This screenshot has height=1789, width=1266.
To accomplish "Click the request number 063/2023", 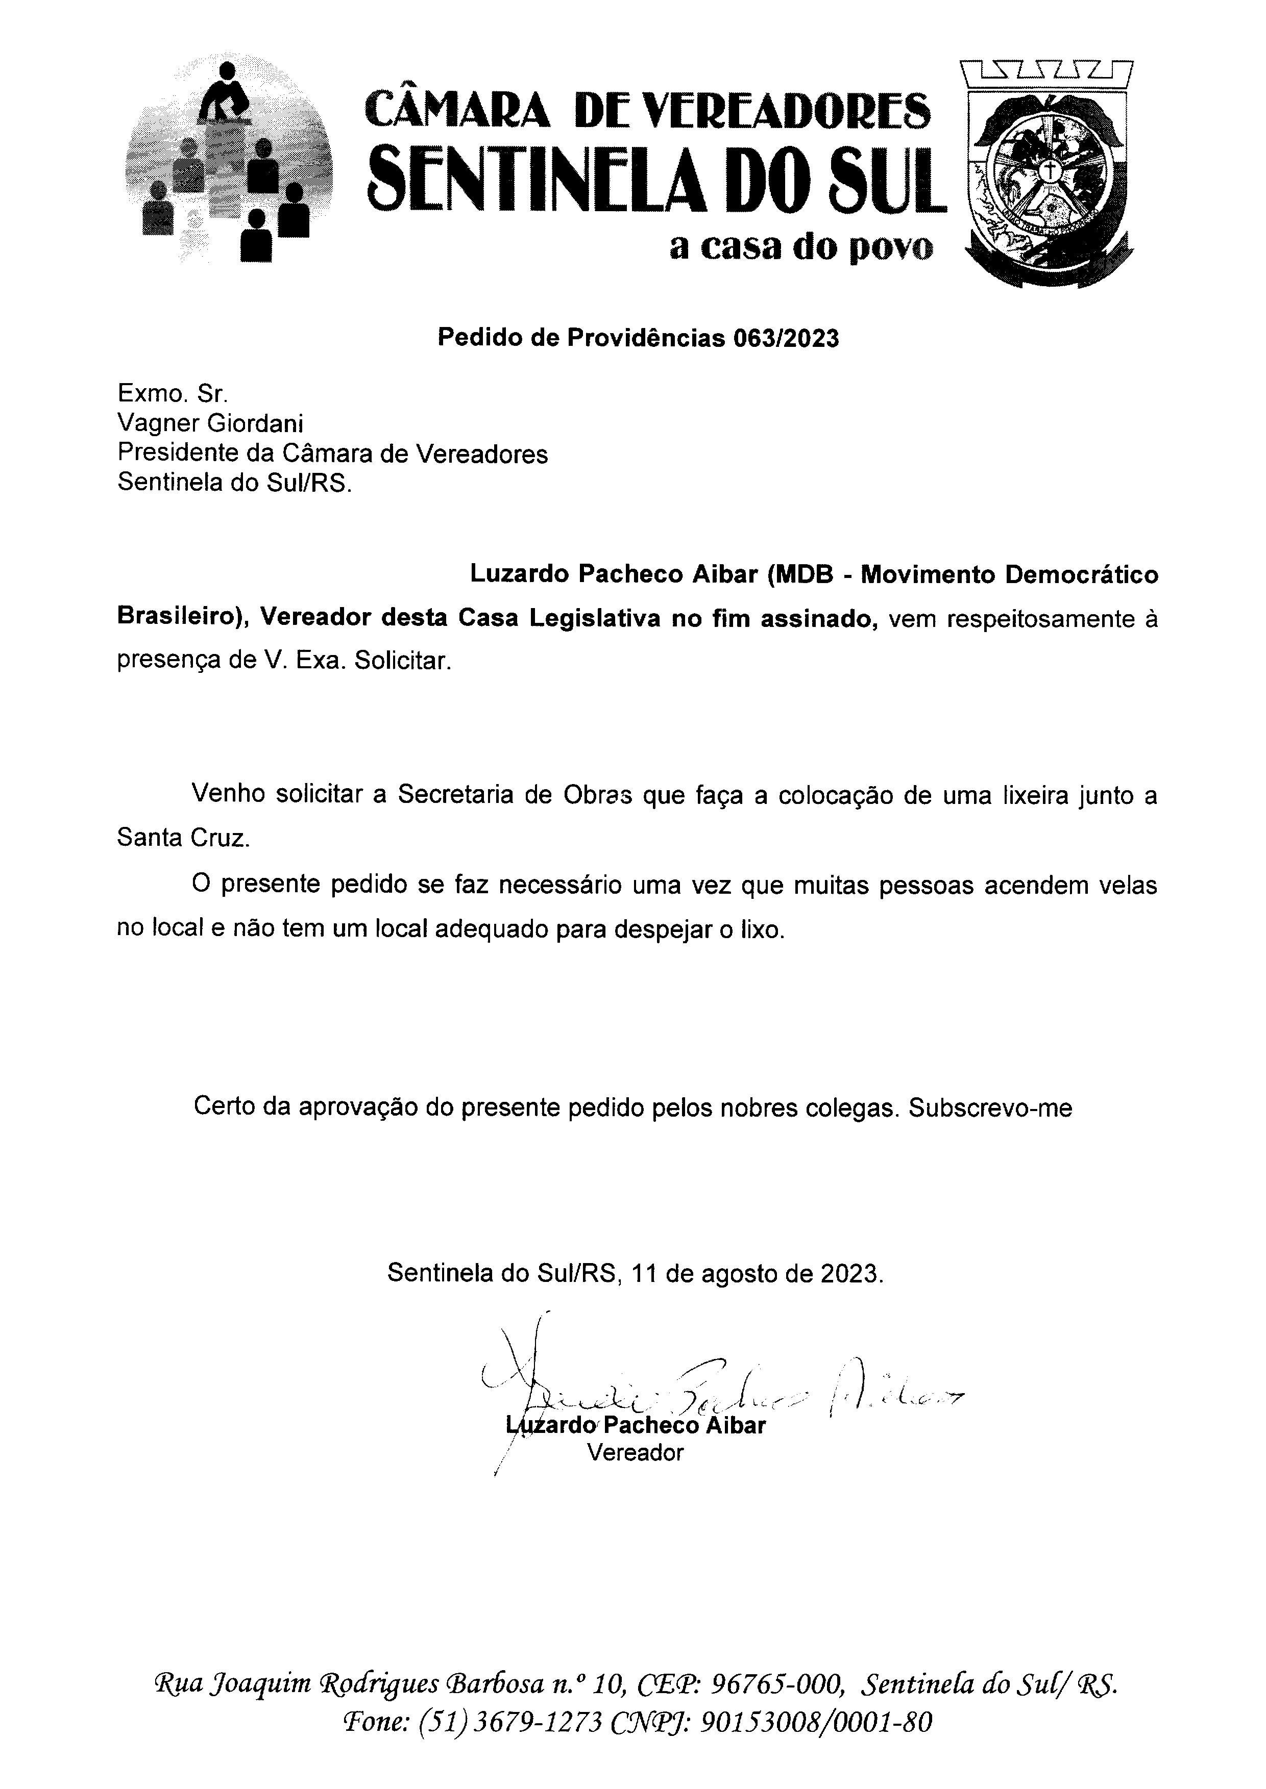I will click(786, 338).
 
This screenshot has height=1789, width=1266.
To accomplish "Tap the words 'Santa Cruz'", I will click(184, 839).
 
